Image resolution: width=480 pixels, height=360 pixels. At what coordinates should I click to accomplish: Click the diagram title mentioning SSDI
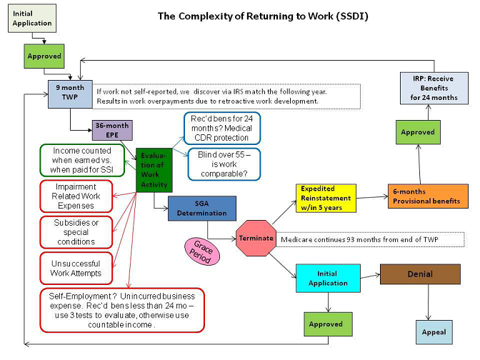tap(263, 16)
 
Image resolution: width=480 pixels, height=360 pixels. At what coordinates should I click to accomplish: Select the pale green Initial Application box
tap(32, 18)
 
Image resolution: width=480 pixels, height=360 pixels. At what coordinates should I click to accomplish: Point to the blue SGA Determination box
tap(201, 208)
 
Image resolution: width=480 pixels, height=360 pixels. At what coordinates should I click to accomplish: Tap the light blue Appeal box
tap(434, 331)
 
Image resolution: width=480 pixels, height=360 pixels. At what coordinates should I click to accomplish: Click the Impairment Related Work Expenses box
tap(76, 196)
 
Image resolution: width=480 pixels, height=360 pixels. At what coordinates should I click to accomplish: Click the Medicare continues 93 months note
tap(371, 239)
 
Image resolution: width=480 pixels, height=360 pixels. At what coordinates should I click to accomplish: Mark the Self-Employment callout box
tap(121, 310)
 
